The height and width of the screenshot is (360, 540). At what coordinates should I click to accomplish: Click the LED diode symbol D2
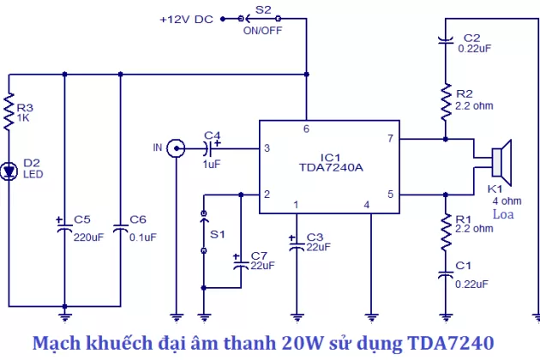click(x=9, y=171)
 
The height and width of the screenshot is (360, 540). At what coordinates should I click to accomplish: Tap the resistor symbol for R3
click(x=9, y=112)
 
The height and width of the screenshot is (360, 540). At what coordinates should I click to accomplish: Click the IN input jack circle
click(x=175, y=148)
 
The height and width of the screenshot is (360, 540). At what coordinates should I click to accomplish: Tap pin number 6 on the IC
click(x=306, y=129)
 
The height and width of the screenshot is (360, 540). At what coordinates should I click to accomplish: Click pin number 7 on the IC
click(x=389, y=138)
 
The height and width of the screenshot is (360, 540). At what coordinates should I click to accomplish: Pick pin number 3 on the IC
click(x=267, y=148)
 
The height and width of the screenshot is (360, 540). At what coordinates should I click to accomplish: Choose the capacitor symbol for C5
click(x=65, y=225)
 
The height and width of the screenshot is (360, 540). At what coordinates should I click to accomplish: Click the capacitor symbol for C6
click(x=121, y=225)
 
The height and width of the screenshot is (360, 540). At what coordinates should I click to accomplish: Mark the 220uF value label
click(x=88, y=237)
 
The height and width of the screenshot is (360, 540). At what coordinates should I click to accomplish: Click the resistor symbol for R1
click(x=446, y=230)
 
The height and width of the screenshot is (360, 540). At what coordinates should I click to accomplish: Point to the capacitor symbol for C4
click(x=215, y=148)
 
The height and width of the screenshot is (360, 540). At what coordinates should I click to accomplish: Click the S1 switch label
click(x=218, y=233)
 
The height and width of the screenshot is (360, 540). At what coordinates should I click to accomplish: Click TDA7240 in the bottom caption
click(x=449, y=344)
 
